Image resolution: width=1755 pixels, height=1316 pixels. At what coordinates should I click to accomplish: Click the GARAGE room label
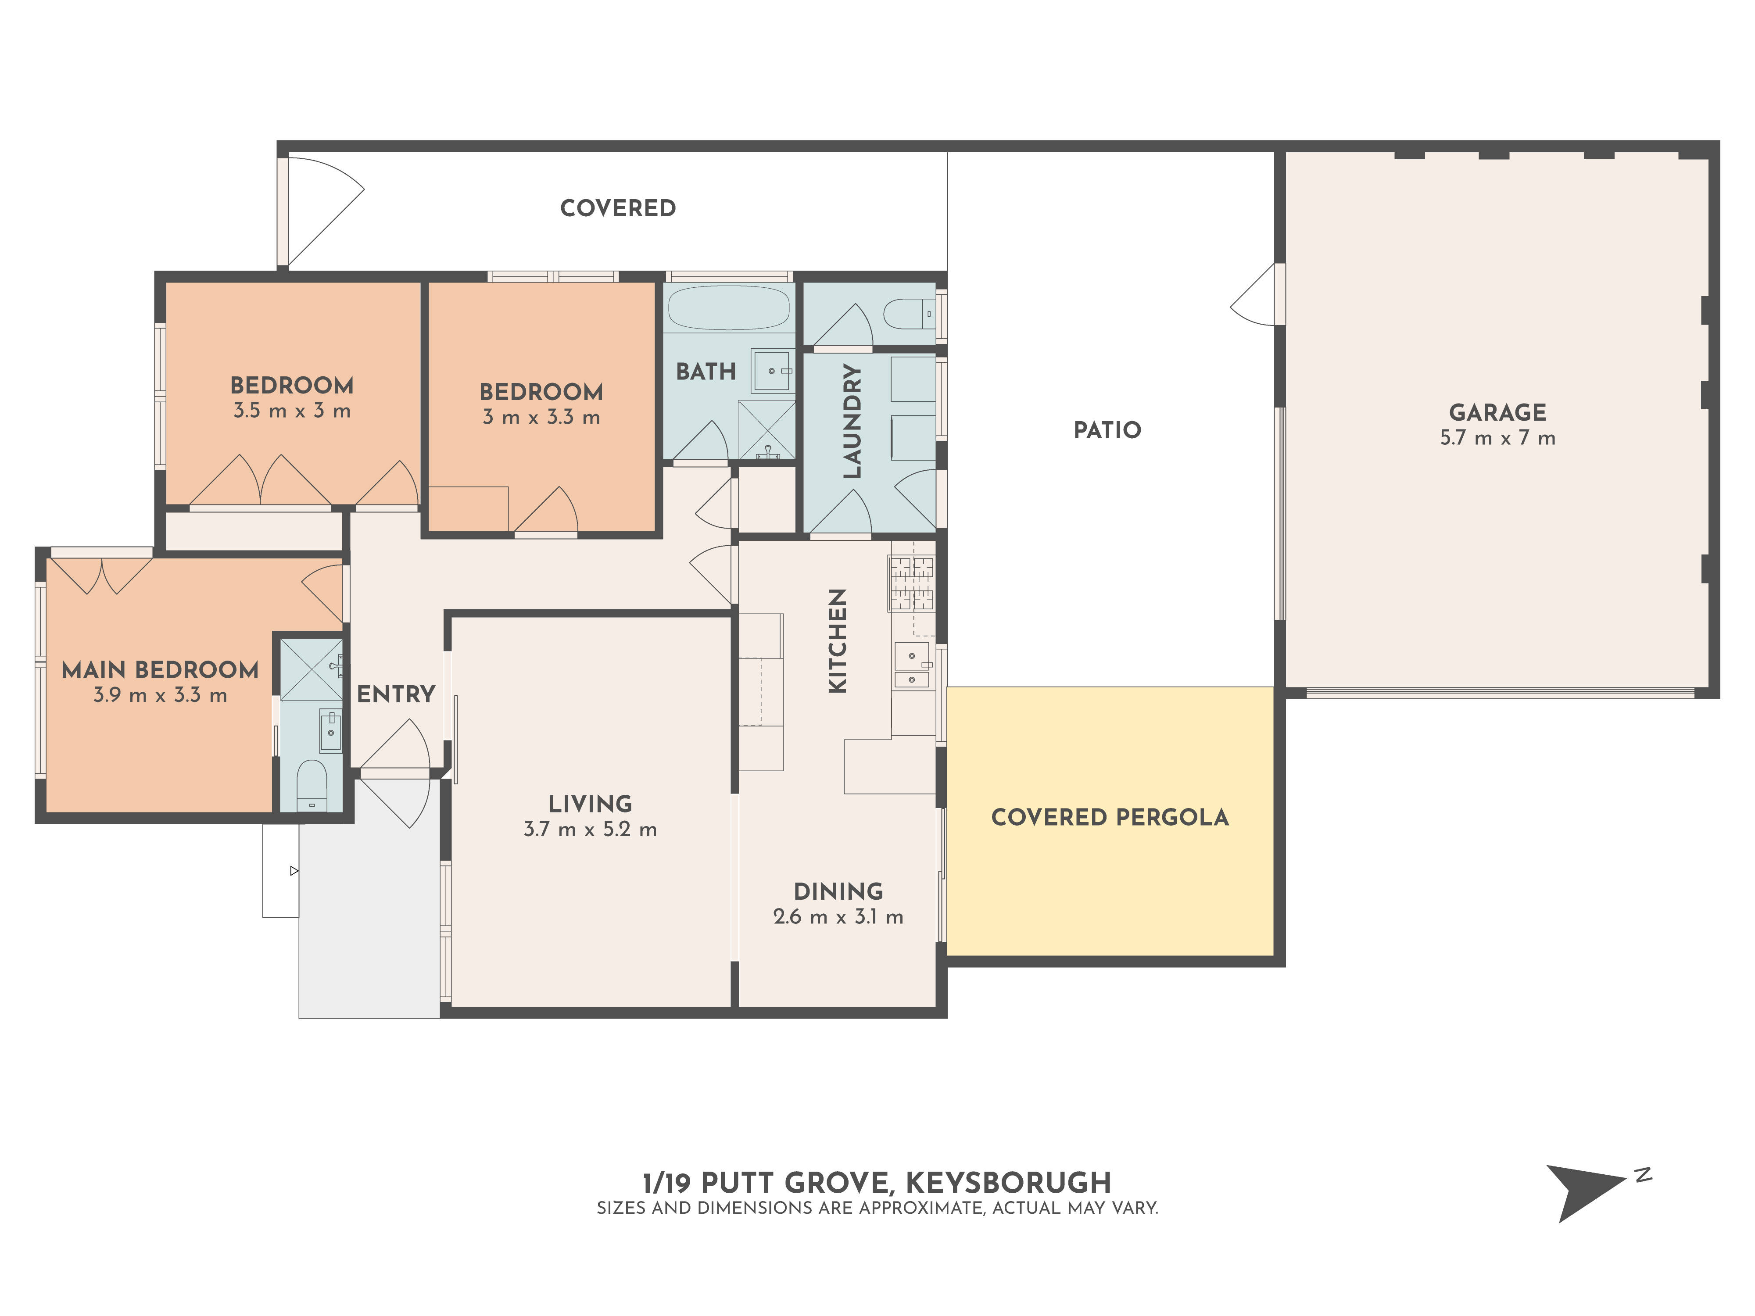[x=1497, y=412]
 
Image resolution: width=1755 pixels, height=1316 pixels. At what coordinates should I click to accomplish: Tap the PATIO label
[x=1107, y=430]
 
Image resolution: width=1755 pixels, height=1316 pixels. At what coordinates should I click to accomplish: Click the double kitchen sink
[x=913, y=665]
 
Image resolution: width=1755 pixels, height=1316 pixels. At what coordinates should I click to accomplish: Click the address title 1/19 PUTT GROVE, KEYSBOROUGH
[x=877, y=1183]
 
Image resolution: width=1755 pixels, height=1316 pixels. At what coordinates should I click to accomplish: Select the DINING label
[x=838, y=892]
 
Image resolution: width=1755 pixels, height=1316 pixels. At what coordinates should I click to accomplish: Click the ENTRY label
[x=396, y=694]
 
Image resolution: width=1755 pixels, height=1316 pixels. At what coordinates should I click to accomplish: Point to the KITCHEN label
[x=838, y=641]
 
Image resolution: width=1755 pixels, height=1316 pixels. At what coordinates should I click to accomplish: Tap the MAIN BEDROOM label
[x=160, y=669]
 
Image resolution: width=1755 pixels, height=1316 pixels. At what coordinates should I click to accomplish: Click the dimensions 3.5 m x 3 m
[x=292, y=411]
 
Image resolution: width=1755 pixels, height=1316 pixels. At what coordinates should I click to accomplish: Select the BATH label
[x=706, y=371]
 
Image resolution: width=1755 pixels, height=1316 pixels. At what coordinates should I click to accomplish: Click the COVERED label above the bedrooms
[x=618, y=208]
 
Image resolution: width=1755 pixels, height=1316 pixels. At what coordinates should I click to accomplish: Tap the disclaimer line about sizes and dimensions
[x=877, y=1208]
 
